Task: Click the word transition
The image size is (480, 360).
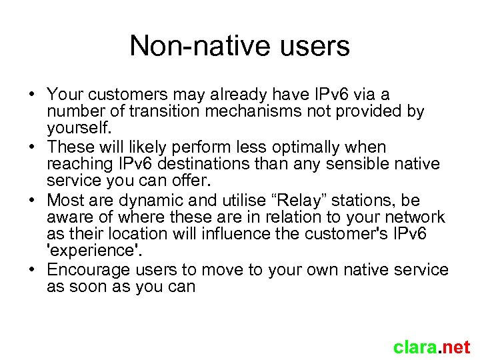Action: click(169, 111)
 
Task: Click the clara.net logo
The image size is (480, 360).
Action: click(431, 347)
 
